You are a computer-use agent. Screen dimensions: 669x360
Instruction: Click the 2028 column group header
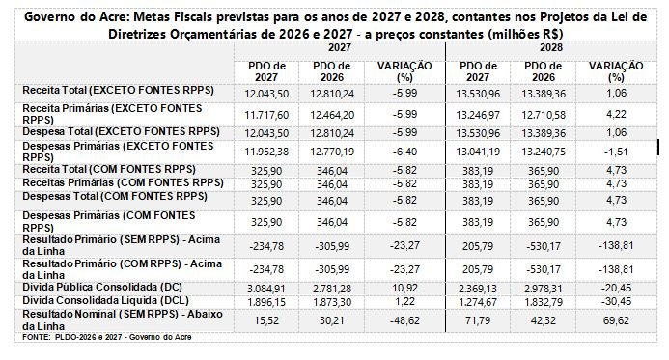pyautogui.click(x=551, y=47)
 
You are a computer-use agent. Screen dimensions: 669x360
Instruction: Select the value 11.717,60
pyautogui.click(x=266, y=115)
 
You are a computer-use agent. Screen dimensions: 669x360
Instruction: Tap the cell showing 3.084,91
pyautogui.click(x=266, y=289)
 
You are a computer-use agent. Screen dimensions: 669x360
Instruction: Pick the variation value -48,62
pyautogui.click(x=404, y=320)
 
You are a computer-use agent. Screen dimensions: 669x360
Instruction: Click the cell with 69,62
pyautogui.click(x=616, y=320)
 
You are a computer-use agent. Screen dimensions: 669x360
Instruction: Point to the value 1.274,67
pyautogui.click(x=478, y=302)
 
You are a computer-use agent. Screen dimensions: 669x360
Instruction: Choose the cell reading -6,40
pyautogui.click(x=404, y=152)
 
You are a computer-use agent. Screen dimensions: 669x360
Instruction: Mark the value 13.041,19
pyautogui.click(x=478, y=152)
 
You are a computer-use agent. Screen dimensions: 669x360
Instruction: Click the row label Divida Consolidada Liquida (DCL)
pyautogui.click(x=106, y=301)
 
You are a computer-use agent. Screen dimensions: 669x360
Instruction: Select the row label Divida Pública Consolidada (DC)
pyautogui.click(x=102, y=287)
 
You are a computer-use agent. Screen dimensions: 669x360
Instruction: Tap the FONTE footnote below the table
pyautogui.click(x=107, y=337)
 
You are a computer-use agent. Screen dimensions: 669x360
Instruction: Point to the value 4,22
pyautogui.click(x=616, y=114)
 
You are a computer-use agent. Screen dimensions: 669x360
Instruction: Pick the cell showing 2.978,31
pyautogui.click(x=544, y=289)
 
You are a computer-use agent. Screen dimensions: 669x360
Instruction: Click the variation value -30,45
pyautogui.click(x=616, y=301)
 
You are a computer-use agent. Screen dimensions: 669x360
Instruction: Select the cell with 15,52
pyautogui.click(x=266, y=320)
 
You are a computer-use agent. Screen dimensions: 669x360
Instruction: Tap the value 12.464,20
pyautogui.click(x=332, y=115)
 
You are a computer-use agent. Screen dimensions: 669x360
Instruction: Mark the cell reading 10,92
pyautogui.click(x=404, y=288)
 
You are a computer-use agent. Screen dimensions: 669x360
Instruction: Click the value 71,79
pyautogui.click(x=478, y=320)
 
